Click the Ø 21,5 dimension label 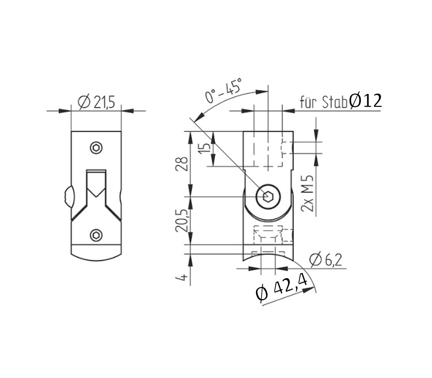pos(96,103)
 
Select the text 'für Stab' pos(324,103)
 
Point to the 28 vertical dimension pos(183,164)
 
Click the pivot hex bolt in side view pos(267,197)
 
